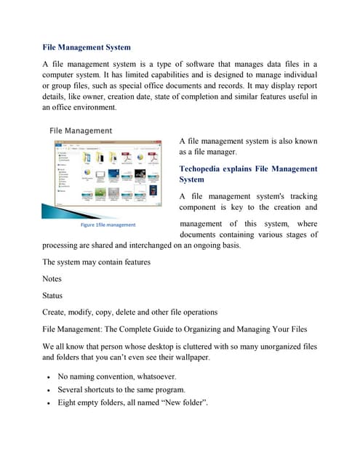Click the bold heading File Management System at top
pos(87,47)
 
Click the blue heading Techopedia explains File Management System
pos(248,174)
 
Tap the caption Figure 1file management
pos(108,225)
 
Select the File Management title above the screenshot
pos(81,131)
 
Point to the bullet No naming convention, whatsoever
pos(116,377)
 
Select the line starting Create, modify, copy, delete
pos(129,312)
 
